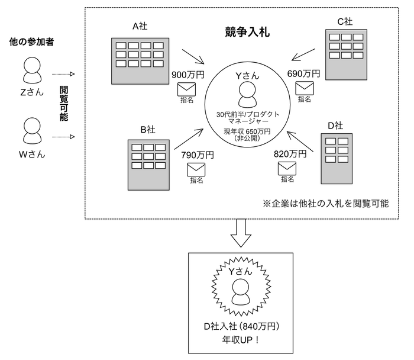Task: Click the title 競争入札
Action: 247,32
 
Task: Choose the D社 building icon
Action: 336,158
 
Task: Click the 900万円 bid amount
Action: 187,75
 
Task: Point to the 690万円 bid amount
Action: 303,73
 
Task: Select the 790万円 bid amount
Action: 197,155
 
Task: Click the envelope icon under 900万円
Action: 187,89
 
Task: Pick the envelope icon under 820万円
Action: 287,168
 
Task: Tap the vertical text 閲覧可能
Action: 64,104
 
